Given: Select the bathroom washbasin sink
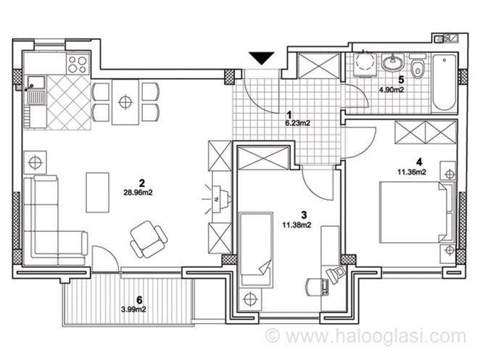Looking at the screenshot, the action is point(393,62).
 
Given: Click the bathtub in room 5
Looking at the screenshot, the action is point(444,83).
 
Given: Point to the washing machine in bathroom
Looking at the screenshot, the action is point(363,64).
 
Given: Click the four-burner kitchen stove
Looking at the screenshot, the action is point(78,64).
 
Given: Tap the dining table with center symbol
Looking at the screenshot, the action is point(125,102).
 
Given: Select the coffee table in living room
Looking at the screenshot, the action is point(98,193).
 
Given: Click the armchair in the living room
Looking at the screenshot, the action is point(149,238).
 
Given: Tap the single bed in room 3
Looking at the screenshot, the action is point(256,249).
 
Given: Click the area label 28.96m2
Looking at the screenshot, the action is point(138,193).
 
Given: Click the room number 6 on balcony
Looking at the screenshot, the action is point(139,299).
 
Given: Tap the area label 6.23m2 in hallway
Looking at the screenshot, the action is point(298,123).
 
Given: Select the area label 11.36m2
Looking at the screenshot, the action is point(412,172).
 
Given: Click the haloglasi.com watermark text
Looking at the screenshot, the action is point(366,336).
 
